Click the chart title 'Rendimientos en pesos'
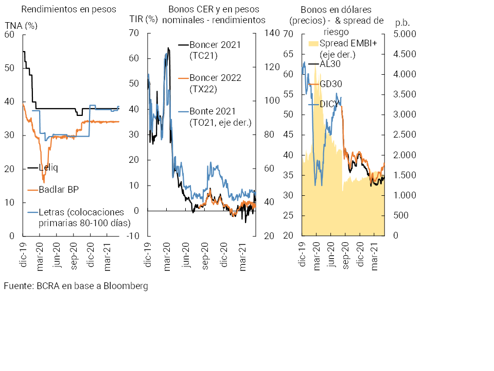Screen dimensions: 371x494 click(x=68, y=9)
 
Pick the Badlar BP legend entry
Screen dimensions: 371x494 click(x=58, y=189)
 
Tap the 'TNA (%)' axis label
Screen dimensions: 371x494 click(x=21, y=25)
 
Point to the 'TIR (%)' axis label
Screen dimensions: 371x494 click(x=143, y=20)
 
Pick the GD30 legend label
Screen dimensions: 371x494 click(x=330, y=84)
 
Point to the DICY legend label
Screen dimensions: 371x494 click(x=330, y=104)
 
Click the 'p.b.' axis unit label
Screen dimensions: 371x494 click(x=402, y=23)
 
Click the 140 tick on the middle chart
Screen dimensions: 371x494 click(x=272, y=34)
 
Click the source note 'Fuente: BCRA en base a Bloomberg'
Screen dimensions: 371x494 click(x=76, y=285)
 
